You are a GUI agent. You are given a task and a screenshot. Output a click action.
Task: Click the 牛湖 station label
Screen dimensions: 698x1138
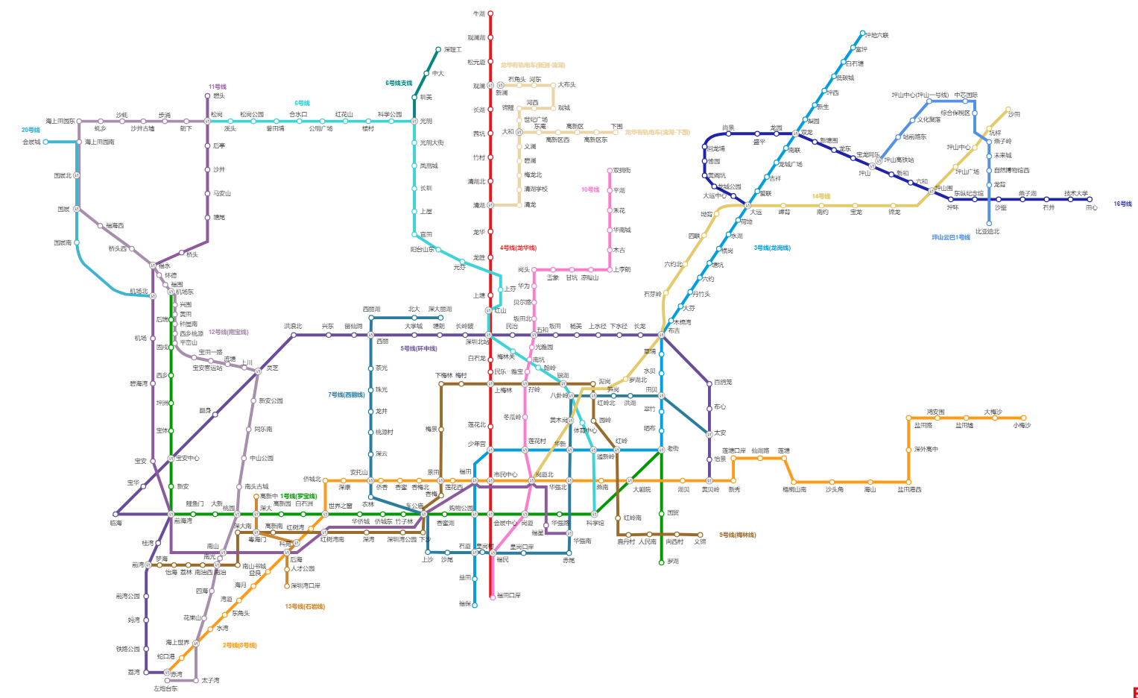point(478,14)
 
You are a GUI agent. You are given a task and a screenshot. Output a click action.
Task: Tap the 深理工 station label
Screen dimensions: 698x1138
point(452,50)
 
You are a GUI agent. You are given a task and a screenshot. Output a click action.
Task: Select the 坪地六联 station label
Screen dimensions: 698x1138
point(876,35)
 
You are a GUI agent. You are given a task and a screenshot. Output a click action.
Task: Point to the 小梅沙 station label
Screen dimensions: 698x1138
point(1021,425)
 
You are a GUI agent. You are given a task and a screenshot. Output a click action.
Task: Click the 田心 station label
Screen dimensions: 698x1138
point(1091,207)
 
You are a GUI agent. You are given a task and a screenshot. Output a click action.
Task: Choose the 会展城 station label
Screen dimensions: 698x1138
point(31,142)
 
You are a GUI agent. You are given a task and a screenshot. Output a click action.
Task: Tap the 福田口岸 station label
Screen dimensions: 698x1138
point(508,595)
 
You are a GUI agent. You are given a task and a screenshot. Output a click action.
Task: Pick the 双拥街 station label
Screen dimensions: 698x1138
point(622,171)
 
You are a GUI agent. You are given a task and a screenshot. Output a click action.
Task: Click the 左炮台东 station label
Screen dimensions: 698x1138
point(165,688)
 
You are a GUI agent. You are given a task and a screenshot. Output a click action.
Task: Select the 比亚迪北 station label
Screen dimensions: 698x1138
point(987,231)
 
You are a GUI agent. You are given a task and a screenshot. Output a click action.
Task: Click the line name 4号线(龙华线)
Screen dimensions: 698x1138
point(518,248)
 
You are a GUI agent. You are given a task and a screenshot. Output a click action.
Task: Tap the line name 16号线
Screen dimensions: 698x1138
point(1122,204)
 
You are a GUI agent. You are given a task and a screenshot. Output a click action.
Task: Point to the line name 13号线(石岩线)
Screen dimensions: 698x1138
point(305,606)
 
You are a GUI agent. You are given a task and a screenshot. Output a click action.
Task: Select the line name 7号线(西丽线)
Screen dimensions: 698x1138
point(347,394)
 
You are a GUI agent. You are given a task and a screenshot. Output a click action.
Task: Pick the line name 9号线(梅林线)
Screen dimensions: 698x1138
point(737,535)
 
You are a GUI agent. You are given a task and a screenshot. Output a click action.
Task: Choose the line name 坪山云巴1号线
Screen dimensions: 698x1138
point(950,237)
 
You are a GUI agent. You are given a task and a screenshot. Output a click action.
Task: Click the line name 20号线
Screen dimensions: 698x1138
point(31,130)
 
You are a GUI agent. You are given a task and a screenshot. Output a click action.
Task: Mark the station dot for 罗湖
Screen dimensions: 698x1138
point(661,562)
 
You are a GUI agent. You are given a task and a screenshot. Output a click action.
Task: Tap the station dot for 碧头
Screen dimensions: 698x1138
point(208,96)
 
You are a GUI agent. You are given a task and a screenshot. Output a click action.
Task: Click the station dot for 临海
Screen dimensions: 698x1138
point(116,514)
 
